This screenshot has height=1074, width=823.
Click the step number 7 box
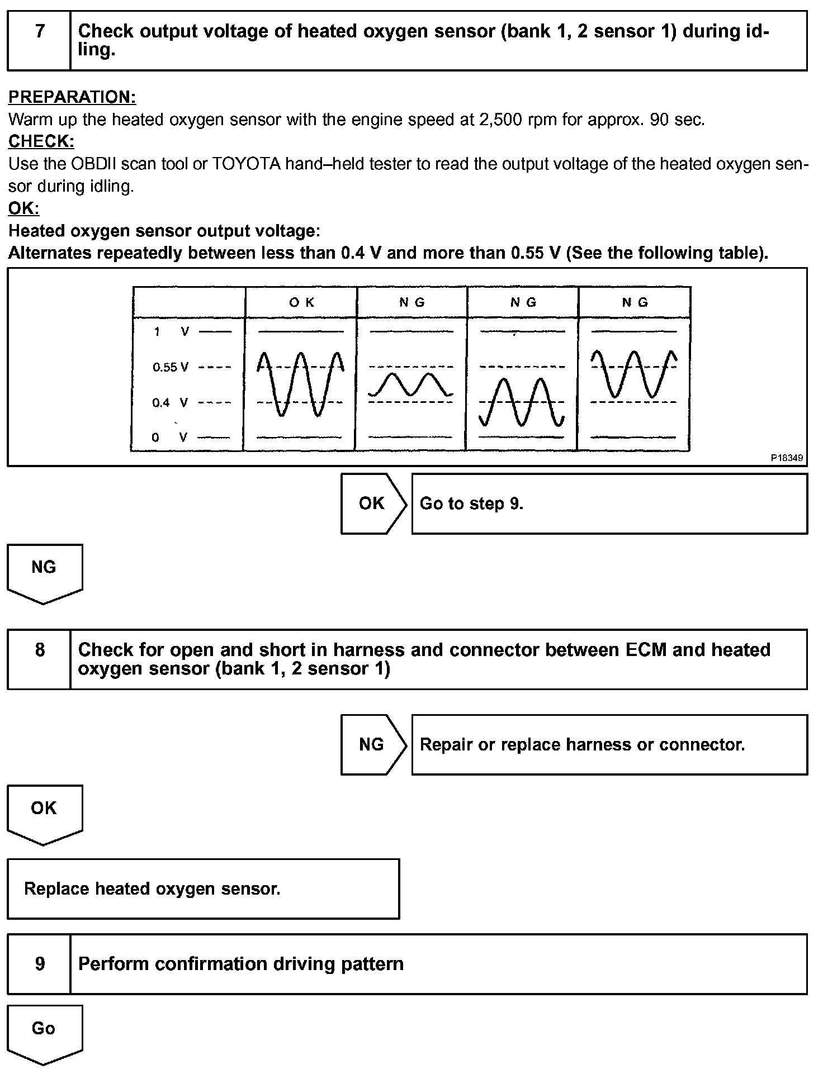tap(39, 41)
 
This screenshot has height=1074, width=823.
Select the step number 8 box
tap(39, 659)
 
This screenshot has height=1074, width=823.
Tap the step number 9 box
tap(39, 964)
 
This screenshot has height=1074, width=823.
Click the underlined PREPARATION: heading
tap(72, 97)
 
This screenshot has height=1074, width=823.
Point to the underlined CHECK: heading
tap(41, 141)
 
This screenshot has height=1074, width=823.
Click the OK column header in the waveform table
tap(301, 302)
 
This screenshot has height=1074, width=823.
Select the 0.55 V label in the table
tap(171, 367)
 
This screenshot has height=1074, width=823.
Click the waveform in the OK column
tap(300, 384)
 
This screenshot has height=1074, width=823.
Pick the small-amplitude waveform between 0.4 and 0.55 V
tap(410, 384)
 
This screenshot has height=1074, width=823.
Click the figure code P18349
tap(787, 458)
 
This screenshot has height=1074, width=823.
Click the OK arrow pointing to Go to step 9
tap(373, 503)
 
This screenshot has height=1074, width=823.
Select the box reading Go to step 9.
tap(609, 503)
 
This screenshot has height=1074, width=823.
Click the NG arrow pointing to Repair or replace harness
tap(373, 744)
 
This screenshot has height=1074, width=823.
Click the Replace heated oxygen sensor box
tap(204, 889)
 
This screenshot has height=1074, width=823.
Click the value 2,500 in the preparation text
tap(500, 120)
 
